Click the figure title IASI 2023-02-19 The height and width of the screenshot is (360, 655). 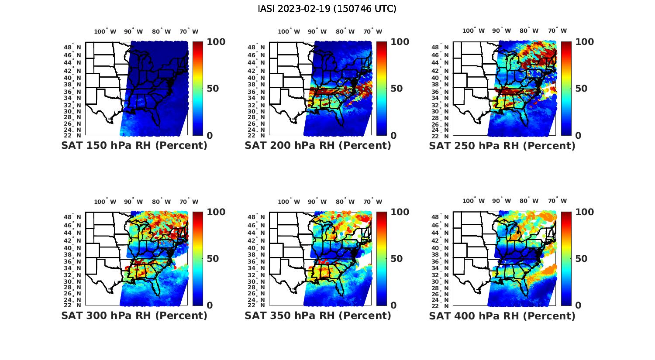point(327,9)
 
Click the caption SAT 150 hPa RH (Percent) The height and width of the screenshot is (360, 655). point(134,146)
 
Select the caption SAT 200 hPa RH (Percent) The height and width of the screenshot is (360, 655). point(318,146)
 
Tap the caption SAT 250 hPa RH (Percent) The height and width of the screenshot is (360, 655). point(502,146)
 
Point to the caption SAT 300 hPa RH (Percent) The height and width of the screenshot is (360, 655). point(134,315)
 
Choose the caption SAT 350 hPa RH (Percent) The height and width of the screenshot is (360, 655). point(318,315)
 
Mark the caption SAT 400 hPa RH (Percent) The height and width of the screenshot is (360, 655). point(502,315)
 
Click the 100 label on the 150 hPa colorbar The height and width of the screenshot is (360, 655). point(216,42)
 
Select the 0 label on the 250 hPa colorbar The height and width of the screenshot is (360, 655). point(578,136)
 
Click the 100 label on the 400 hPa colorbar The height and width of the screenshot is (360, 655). point(585,212)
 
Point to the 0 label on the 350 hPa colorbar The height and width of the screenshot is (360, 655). point(393,305)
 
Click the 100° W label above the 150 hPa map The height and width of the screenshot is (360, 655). point(105,31)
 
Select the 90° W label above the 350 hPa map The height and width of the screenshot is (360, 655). point(317,202)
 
